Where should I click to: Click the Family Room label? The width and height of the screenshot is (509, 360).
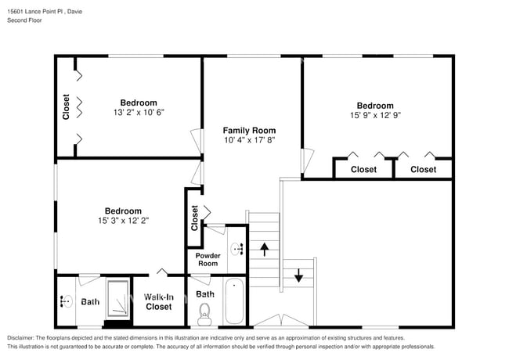pyautogui.click(x=249, y=130)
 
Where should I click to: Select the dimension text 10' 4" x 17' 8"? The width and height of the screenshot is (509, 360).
pyautogui.click(x=249, y=140)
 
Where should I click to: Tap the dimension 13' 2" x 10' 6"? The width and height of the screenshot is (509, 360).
pyautogui.click(x=138, y=112)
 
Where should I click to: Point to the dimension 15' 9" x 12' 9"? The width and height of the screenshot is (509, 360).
pyautogui.click(x=375, y=115)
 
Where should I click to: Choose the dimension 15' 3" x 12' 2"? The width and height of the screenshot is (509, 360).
pyautogui.click(x=123, y=221)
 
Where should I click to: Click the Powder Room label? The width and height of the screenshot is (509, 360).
pyautogui.click(x=208, y=259)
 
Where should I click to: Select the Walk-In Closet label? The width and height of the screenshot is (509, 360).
pyautogui.click(x=159, y=302)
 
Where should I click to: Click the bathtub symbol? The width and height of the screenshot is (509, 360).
pyautogui.click(x=234, y=303)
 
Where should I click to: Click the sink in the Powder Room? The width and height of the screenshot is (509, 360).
pyautogui.click(x=236, y=249)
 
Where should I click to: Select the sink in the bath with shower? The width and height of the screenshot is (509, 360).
pyautogui.click(x=66, y=301)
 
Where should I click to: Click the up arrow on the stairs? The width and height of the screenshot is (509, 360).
pyautogui.click(x=265, y=250)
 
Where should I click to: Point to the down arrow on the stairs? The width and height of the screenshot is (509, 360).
pyautogui.click(x=298, y=275)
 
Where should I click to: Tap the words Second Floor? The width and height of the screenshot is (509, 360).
pyautogui.click(x=24, y=20)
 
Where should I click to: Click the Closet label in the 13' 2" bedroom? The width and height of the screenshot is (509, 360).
pyautogui.click(x=67, y=107)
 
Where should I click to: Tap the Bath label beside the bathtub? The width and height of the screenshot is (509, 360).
pyautogui.click(x=205, y=294)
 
